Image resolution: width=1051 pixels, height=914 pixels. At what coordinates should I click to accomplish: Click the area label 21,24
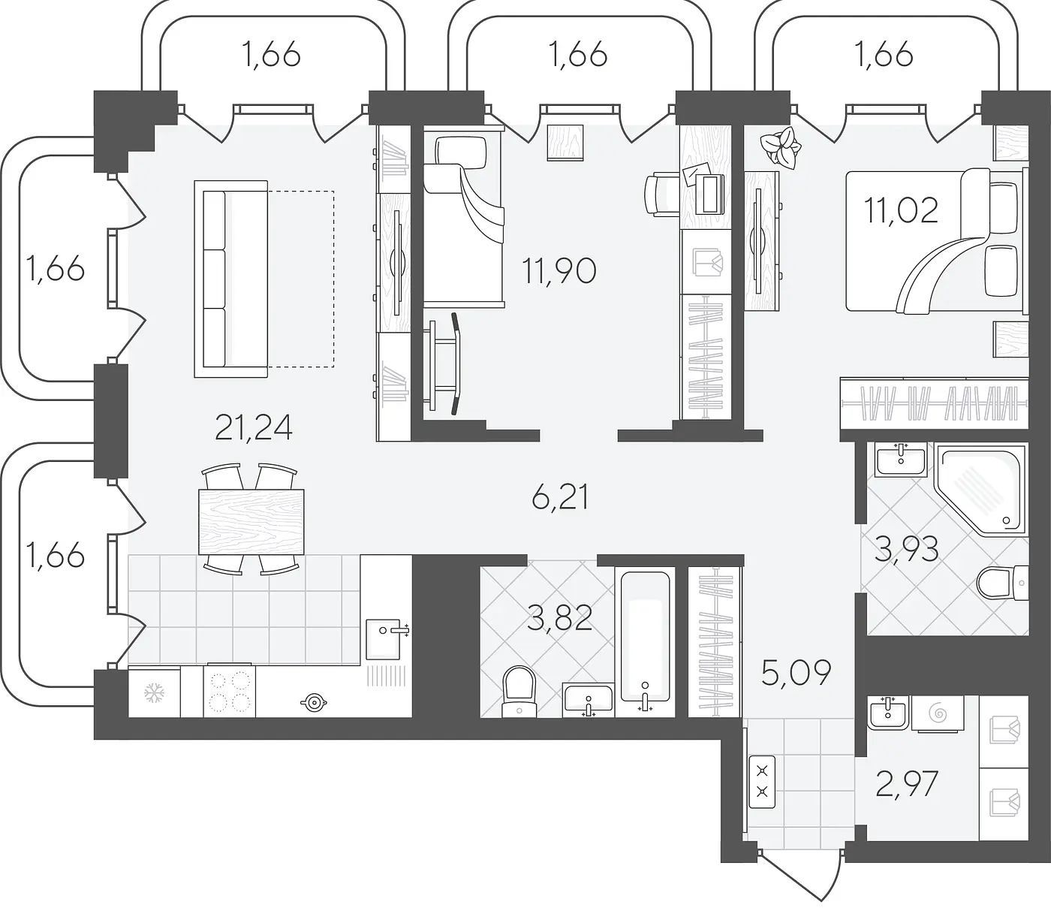click(x=254, y=427)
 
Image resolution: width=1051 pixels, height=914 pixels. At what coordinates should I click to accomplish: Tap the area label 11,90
click(x=559, y=271)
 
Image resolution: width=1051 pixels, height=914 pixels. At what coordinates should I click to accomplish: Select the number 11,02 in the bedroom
click(x=901, y=210)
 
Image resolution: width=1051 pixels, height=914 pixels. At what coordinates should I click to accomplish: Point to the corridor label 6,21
click(x=560, y=497)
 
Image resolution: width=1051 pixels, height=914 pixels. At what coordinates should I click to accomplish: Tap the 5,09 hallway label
click(x=796, y=673)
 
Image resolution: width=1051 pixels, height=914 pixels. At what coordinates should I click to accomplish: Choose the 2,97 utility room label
click(x=907, y=784)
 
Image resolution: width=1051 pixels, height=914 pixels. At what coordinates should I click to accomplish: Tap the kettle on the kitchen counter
click(x=313, y=701)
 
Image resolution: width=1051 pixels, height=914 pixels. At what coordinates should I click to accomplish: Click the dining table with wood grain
click(x=251, y=522)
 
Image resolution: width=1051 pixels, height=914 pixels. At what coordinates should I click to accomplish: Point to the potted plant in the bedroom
click(x=780, y=149)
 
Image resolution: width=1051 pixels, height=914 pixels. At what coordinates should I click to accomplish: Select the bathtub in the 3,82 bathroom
click(x=645, y=637)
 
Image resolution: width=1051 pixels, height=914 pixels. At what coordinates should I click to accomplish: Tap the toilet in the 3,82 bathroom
click(x=519, y=692)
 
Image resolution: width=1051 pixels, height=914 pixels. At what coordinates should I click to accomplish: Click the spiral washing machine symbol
click(x=938, y=713)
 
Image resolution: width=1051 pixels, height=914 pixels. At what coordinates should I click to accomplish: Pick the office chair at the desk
click(x=660, y=195)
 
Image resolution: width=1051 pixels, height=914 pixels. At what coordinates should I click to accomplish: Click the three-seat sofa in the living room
click(x=230, y=279)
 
